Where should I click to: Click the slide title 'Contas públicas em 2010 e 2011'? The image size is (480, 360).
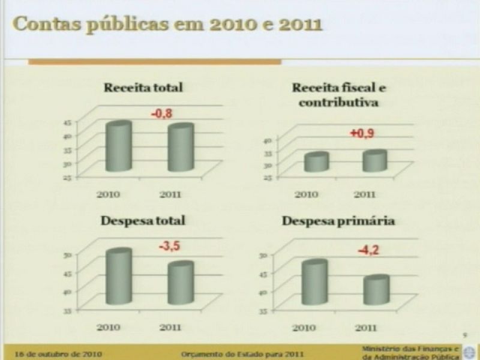[x=167, y=25]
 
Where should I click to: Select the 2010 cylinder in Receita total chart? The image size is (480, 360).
[x=118, y=148]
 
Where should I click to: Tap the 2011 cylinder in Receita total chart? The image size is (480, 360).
[x=180, y=149]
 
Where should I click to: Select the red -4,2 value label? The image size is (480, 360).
[x=369, y=251]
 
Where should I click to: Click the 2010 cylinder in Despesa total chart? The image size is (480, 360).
[x=118, y=277]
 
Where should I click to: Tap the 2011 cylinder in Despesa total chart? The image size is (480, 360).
[x=180, y=283]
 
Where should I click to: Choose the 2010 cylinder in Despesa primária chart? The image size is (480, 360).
[x=314, y=283]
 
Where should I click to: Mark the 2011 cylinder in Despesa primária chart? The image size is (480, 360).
[x=376, y=290]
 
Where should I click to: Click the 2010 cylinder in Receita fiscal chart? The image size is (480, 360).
[x=316, y=163]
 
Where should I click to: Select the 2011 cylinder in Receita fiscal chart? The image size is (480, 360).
[x=374, y=161]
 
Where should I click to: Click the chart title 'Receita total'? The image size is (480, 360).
[x=143, y=88]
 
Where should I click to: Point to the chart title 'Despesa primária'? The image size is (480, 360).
[x=338, y=221]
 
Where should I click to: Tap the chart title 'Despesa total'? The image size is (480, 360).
[x=143, y=221]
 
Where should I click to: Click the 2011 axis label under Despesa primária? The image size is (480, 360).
[x=365, y=328]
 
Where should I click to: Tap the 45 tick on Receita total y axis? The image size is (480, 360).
[x=67, y=123]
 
